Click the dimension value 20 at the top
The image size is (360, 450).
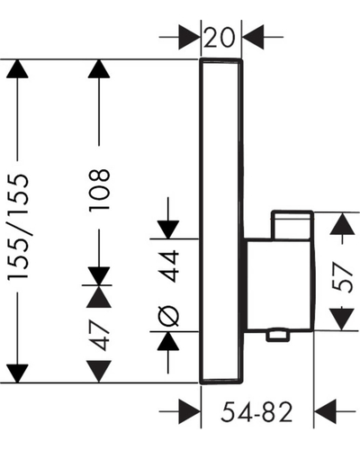coord(219,37)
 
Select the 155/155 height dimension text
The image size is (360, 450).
coord(18,227)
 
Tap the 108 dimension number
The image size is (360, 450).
coord(99,191)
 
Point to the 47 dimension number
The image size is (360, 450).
coord(99,335)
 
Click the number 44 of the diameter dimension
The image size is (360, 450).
coord(169,266)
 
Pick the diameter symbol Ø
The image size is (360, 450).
coord(168,316)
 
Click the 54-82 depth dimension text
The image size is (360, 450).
coord(256,412)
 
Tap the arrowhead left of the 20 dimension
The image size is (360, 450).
coord(189,37)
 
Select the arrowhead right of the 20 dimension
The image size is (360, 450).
coord(253,37)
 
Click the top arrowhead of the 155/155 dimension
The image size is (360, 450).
coord(17,69)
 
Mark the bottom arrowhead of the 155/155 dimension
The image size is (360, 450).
coord(17,373)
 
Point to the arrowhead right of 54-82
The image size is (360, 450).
coord(324,411)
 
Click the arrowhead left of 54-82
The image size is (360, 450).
coord(190,411)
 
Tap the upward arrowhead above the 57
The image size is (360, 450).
coord(342,224)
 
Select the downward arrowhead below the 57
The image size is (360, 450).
coord(342,319)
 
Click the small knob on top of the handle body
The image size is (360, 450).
coord(292,225)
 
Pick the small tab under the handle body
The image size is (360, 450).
coord(278,336)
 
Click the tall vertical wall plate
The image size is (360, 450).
coord(221,221)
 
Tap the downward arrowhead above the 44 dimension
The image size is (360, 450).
coord(168,229)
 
